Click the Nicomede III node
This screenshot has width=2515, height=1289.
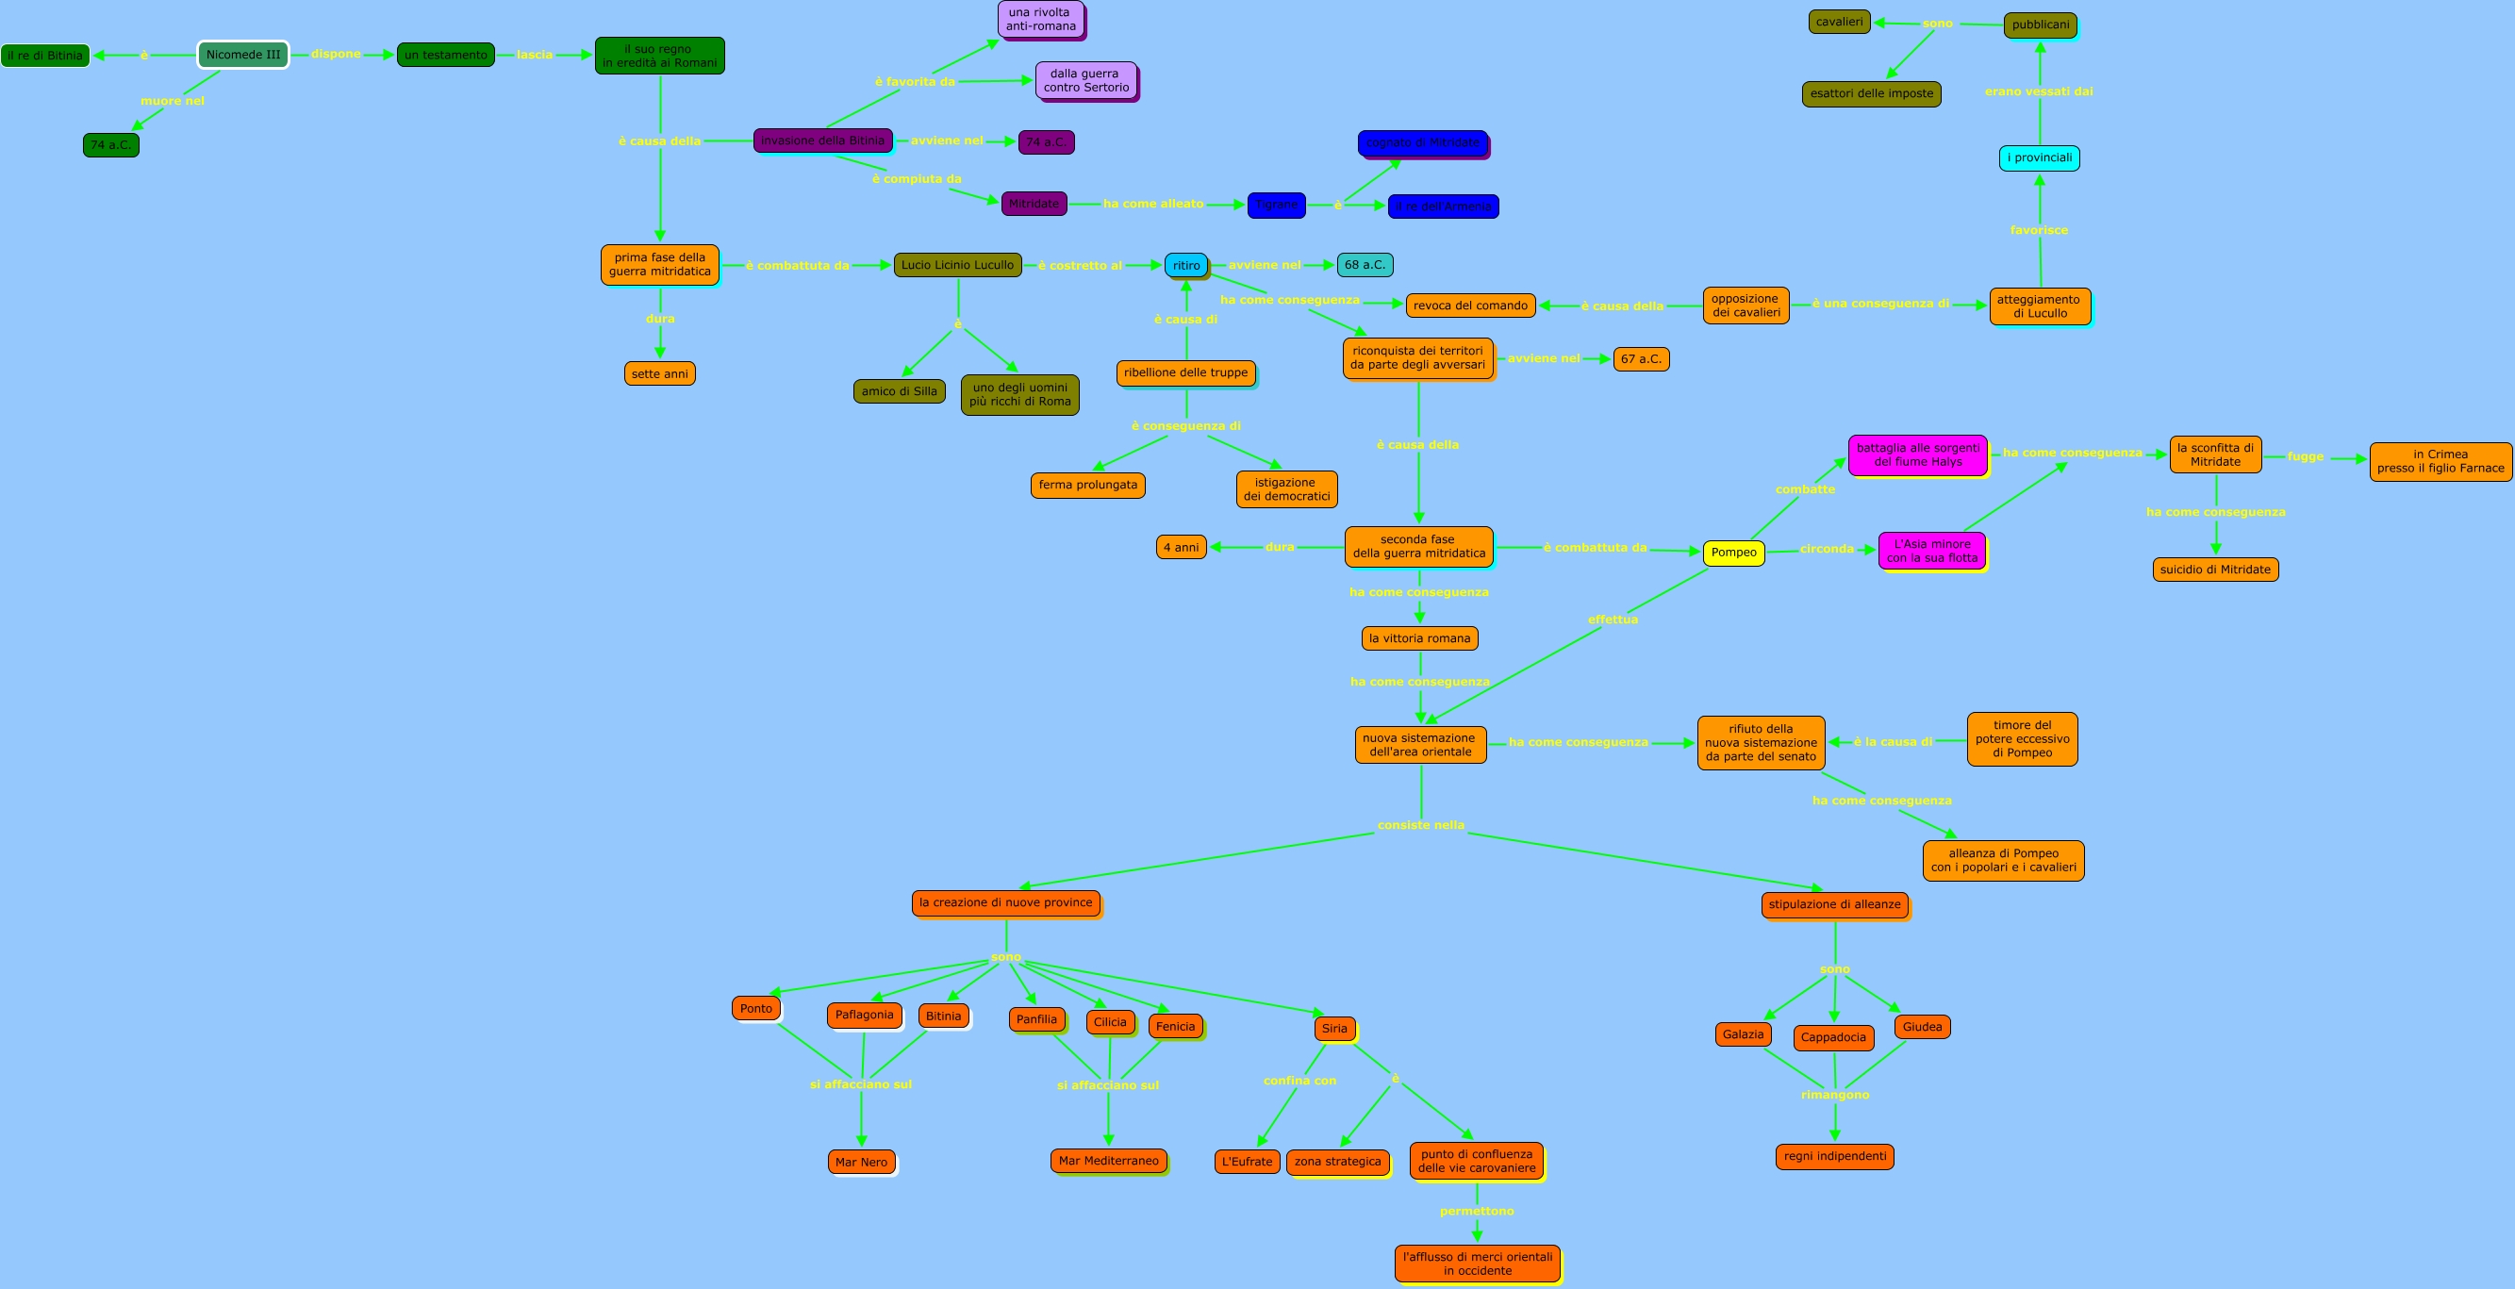(x=243, y=55)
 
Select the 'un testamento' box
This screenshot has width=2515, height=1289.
(x=445, y=55)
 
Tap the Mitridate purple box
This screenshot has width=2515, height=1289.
(x=1034, y=203)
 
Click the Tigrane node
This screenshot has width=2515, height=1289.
(x=1276, y=205)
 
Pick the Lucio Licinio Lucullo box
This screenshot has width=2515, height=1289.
(x=957, y=265)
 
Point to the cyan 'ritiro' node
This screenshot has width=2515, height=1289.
(x=1186, y=266)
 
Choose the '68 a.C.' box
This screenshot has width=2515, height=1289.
(x=1364, y=265)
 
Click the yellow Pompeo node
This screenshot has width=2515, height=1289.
(x=1733, y=553)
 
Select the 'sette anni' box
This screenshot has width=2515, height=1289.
(x=659, y=374)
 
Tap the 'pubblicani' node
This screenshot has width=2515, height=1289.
(x=2040, y=25)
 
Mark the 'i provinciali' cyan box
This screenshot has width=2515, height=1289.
(x=2039, y=157)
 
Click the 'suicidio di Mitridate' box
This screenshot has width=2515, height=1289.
(x=2214, y=570)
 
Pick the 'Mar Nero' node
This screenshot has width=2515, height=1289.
(x=861, y=1162)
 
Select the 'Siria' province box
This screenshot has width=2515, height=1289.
(x=1333, y=1028)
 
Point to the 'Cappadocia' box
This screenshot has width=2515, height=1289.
(x=1832, y=1037)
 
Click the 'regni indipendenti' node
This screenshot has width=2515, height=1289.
(x=1834, y=1156)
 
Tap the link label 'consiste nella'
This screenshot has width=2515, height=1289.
(x=1420, y=825)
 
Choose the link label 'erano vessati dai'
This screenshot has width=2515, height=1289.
(x=2039, y=91)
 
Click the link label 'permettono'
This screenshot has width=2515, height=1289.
(x=1476, y=1211)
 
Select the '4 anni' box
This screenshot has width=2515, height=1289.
(x=1181, y=547)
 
